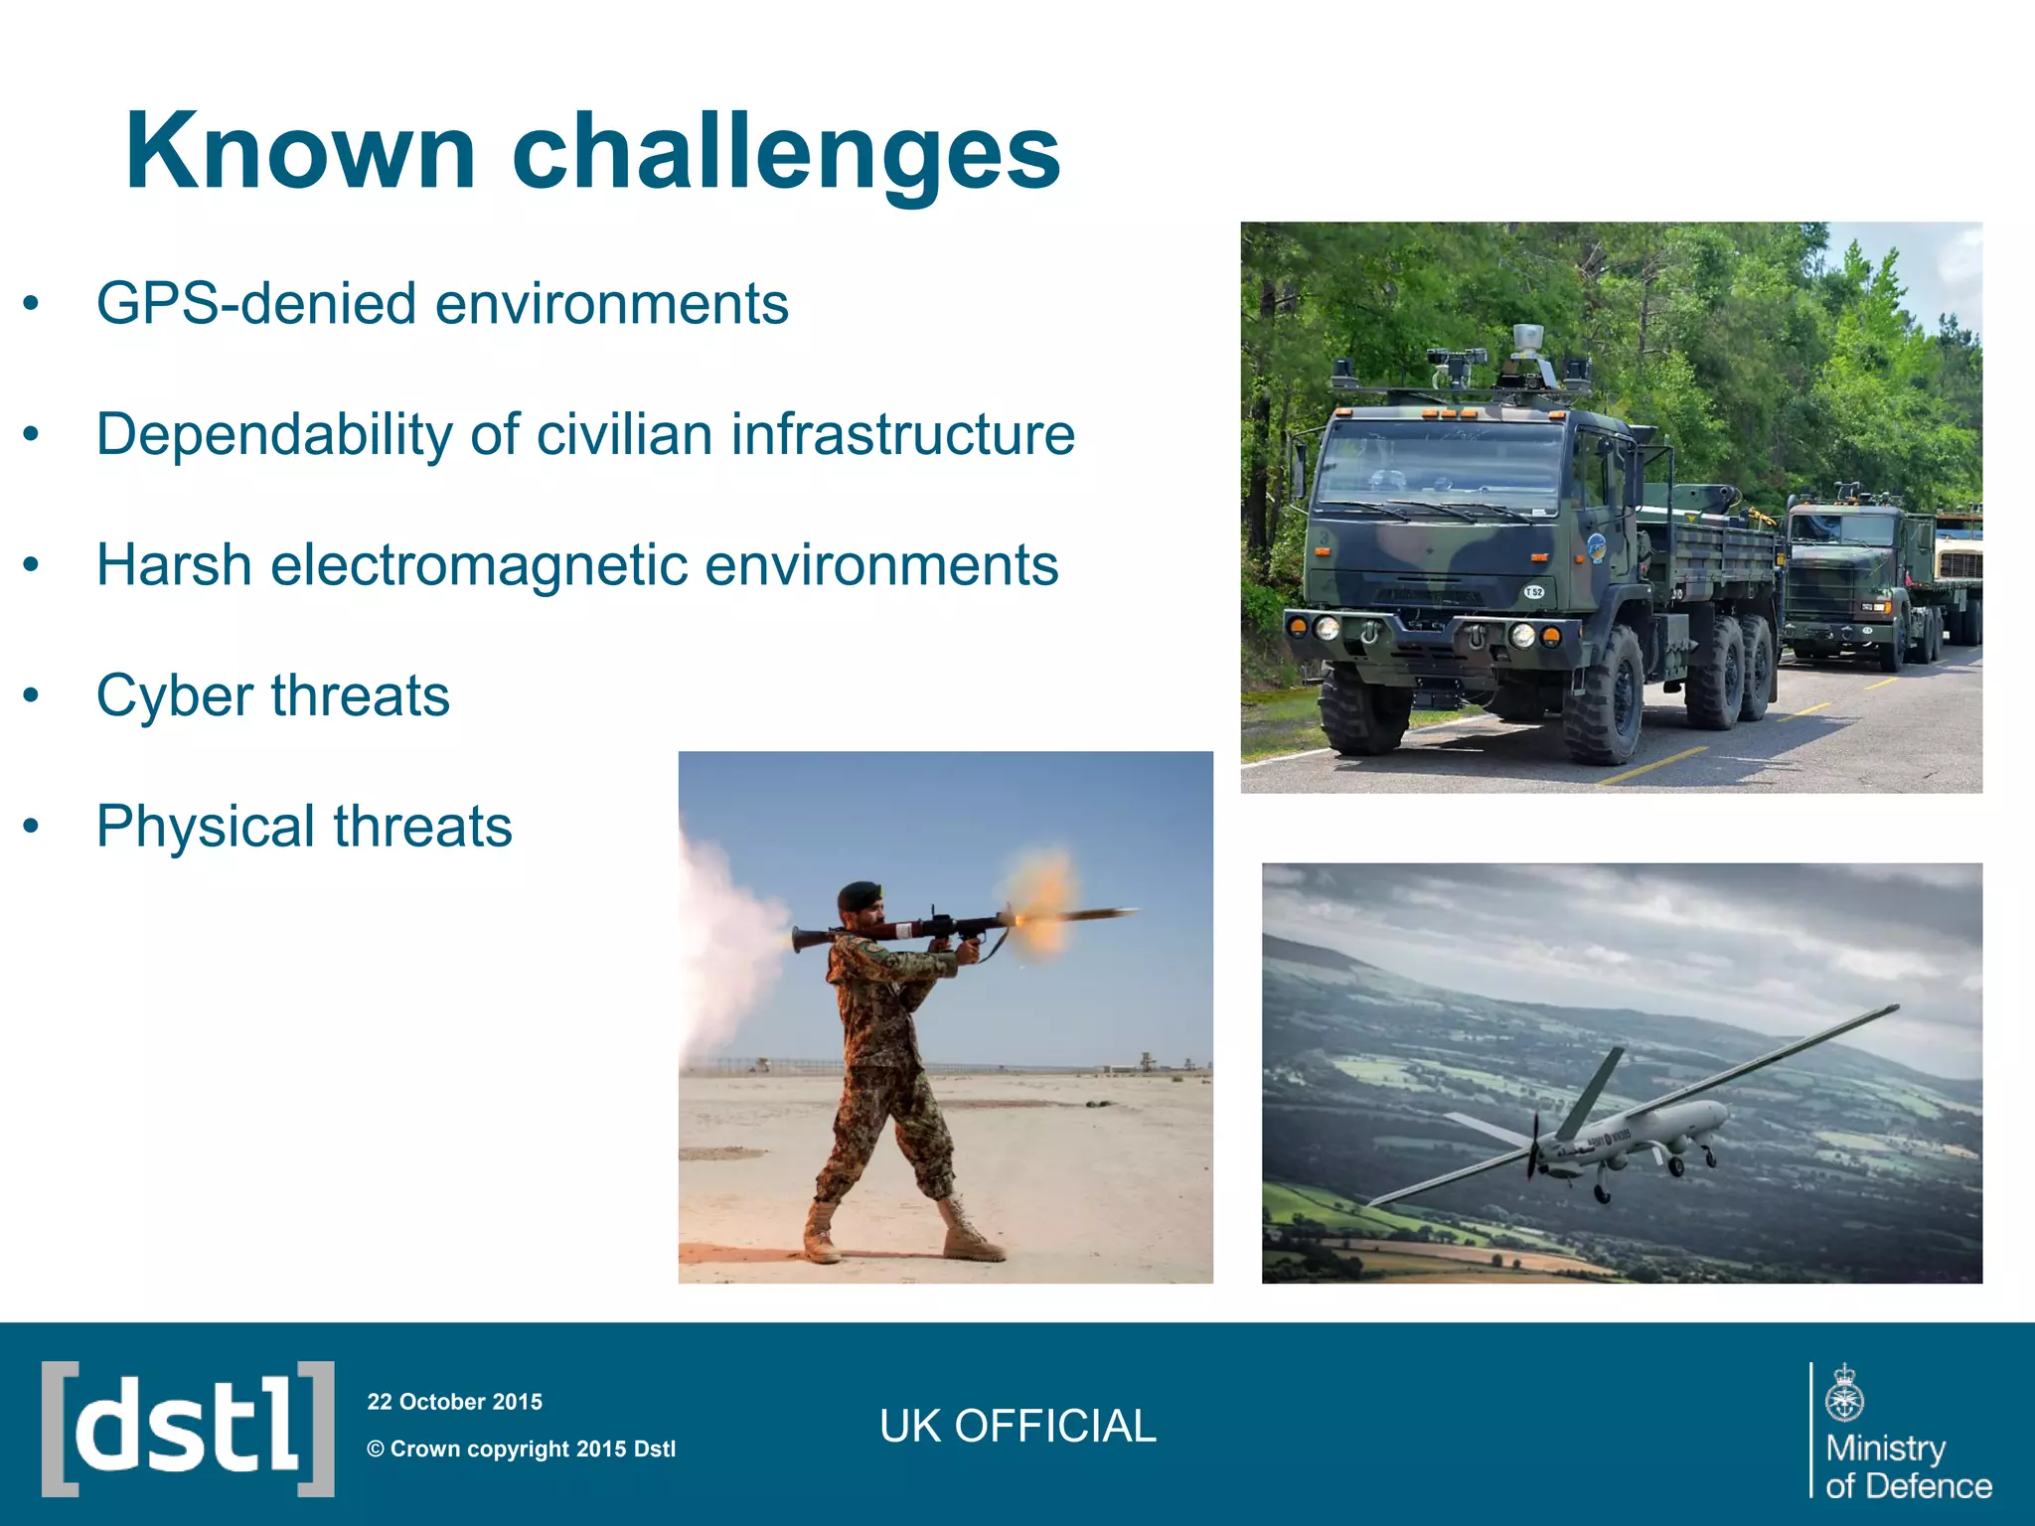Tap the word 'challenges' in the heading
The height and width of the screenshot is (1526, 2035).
[785, 152]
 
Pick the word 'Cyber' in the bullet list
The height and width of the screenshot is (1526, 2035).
[174, 695]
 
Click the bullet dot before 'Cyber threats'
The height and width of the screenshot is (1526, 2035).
[32, 695]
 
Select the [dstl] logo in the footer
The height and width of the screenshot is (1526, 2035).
[188, 1429]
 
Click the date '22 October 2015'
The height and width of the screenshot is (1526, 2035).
[454, 1402]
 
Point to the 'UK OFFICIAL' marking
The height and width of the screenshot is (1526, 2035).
[1017, 1427]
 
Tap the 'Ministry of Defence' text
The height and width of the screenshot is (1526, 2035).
[1907, 1466]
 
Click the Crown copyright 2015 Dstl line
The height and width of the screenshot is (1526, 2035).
[521, 1449]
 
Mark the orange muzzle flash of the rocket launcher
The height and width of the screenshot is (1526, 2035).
[1038, 904]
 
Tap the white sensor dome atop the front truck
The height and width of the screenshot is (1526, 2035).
[1527, 338]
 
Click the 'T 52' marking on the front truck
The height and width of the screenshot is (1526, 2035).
[1534, 592]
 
